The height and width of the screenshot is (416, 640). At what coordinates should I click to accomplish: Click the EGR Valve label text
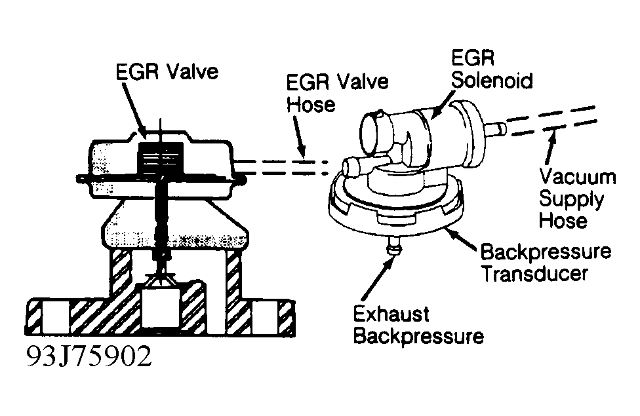pos(167,72)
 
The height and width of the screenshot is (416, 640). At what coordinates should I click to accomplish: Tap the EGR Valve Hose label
pos(337,93)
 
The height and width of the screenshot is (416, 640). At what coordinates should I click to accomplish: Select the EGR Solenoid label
pos(492,69)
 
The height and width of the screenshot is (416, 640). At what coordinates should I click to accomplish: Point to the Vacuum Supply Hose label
pos(577,199)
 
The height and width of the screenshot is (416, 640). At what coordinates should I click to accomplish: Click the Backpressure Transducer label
pos(546,262)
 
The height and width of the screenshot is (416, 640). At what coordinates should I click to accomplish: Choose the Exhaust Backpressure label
pos(418,326)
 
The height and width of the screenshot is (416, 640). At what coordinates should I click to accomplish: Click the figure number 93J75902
pos(89,357)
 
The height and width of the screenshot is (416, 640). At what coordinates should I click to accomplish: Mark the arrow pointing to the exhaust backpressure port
pos(378,278)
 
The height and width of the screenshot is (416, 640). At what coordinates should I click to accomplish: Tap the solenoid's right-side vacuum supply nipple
pos(497,128)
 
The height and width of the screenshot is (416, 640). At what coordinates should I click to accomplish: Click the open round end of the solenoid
pos(372,130)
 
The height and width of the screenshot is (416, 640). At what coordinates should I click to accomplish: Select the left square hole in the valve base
pos(56,317)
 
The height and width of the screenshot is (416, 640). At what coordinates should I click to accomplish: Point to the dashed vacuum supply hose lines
pos(551,121)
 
